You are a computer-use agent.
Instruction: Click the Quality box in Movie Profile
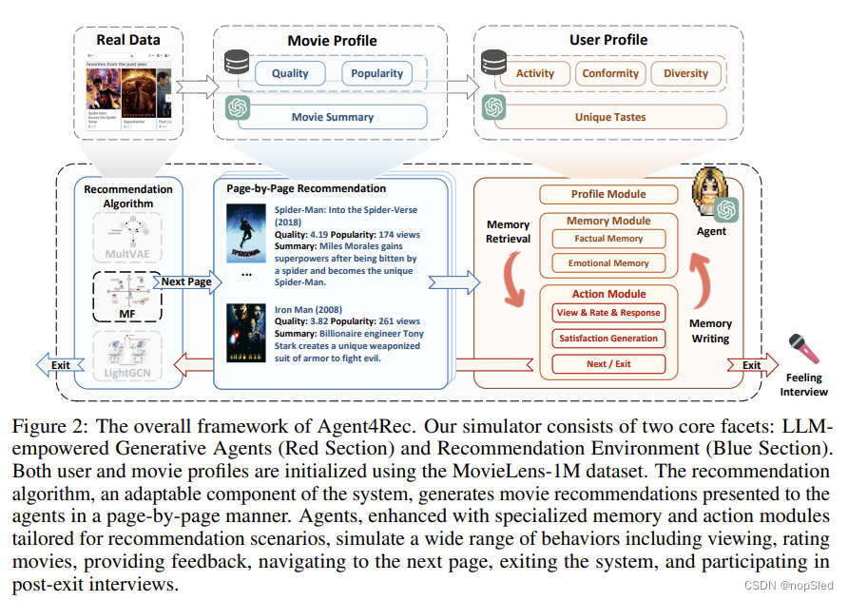tap(290, 73)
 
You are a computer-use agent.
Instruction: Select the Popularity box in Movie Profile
tap(376, 73)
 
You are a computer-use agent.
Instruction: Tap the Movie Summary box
tap(332, 117)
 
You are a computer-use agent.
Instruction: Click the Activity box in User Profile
tap(534, 73)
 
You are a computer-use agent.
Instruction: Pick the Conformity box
tap(610, 73)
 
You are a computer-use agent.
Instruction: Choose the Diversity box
tap(686, 73)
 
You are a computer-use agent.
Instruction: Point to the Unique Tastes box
tap(609, 117)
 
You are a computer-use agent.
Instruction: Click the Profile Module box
tap(608, 195)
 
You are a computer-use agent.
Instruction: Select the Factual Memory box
tap(608, 239)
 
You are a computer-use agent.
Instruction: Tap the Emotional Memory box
tap(608, 263)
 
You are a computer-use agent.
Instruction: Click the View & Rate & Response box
tap(608, 313)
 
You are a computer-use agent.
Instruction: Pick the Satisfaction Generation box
tap(608, 338)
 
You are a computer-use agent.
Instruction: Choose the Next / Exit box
tap(608, 363)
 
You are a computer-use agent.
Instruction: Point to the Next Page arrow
tap(185, 282)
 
